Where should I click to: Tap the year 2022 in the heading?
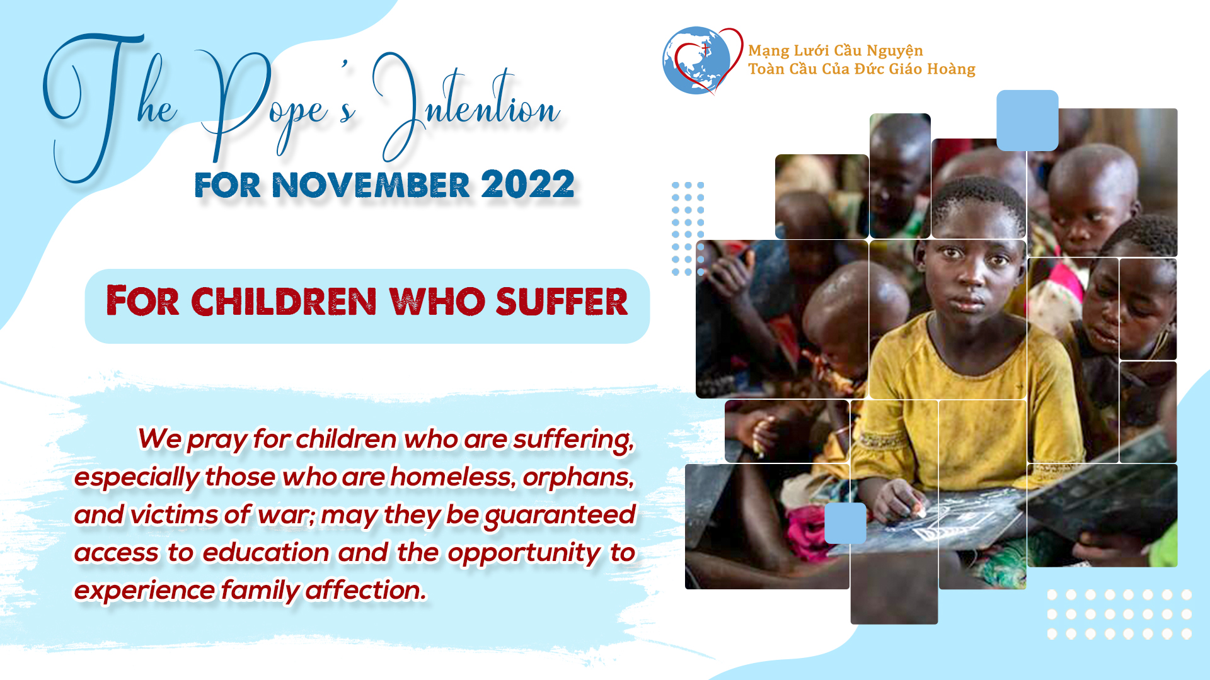click(x=527, y=184)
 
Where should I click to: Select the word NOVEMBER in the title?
click(x=371, y=185)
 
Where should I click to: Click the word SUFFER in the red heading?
click(x=562, y=302)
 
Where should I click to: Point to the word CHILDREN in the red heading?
click(x=284, y=302)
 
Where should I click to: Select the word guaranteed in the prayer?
click(x=560, y=516)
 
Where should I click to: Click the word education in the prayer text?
click(x=266, y=552)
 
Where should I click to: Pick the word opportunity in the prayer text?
click(x=524, y=553)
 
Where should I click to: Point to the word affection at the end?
click(x=366, y=591)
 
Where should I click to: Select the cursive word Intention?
click(x=466, y=107)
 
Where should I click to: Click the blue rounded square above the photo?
click(x=1027, y=120)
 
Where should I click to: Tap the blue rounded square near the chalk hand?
click(x=845, y=523)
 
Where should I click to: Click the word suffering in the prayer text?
click(x=573, y=440)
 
